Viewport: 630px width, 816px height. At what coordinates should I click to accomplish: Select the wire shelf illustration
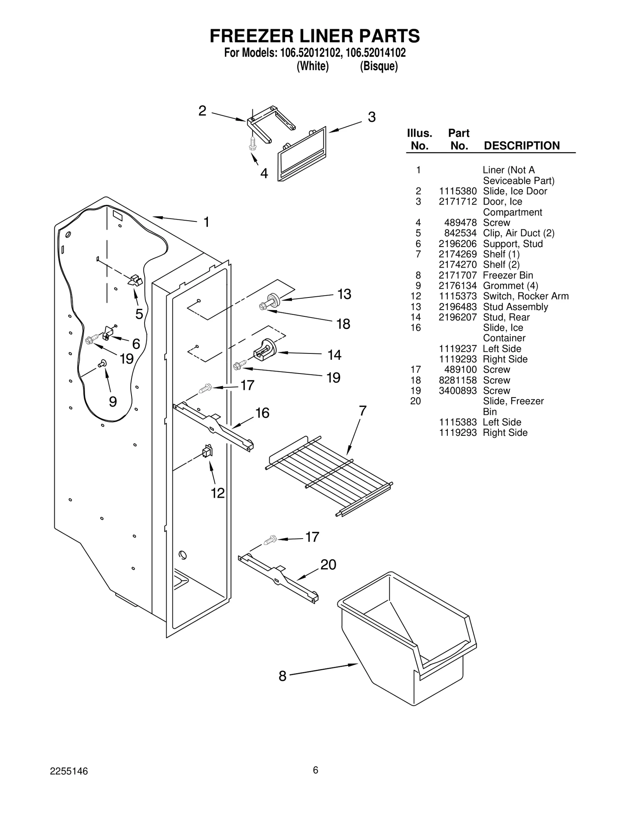click(x=329, y=475)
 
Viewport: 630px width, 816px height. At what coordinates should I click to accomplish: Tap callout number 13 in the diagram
click(x=344, y=294)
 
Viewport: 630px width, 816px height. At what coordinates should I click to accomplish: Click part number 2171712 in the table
click(x=458, y=202)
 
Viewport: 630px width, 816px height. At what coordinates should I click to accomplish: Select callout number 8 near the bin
click(x=282, y=676)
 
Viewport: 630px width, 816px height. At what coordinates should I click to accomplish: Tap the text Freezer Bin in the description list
click(x=508, y=275)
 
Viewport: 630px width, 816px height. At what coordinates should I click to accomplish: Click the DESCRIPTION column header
click(x=521, y=146)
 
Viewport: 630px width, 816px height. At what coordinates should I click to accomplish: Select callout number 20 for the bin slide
click(x=328, y=565)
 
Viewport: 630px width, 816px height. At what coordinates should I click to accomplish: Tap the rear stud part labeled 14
click(x=265, y=349)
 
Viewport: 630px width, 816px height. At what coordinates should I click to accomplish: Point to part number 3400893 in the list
click(x=458, y=391)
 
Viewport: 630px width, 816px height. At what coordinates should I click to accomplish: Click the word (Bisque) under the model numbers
click(x=378, y=66)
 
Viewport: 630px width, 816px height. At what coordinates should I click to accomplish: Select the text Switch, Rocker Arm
click(x=526, y=296)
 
